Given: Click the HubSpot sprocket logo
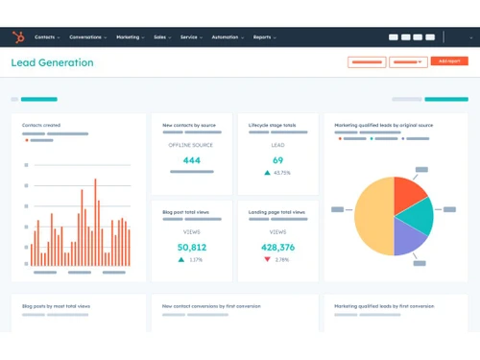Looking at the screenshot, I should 16,37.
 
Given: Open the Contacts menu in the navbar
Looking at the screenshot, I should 46,37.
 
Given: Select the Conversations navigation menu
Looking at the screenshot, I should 87,37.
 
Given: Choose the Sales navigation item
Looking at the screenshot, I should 160,37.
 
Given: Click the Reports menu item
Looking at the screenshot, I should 263,37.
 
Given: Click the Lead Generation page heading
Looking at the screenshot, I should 53,62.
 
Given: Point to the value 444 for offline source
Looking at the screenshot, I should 191,160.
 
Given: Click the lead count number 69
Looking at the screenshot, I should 277,160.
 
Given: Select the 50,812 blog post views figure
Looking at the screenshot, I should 191,247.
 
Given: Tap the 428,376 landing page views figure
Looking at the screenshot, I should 277,247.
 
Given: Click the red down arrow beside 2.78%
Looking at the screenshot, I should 268,260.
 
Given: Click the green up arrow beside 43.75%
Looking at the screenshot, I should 267,173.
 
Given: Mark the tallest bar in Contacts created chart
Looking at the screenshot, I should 95,222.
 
